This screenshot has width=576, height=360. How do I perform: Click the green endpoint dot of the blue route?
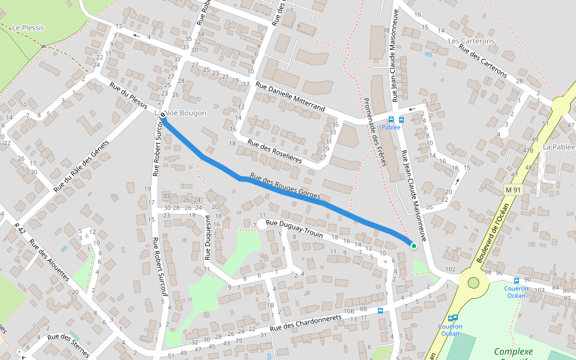413,245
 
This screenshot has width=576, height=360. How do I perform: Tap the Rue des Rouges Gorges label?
285,187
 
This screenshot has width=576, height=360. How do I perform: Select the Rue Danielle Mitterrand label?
290,97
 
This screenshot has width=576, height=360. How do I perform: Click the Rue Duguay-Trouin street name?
294,230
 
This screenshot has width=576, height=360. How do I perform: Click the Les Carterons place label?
471,41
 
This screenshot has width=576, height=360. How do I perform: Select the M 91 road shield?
513,190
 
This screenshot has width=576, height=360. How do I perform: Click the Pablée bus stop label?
391,127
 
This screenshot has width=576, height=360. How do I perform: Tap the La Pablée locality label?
559,146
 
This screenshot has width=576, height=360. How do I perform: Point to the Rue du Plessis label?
128,95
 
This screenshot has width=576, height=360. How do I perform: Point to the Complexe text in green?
514,352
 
